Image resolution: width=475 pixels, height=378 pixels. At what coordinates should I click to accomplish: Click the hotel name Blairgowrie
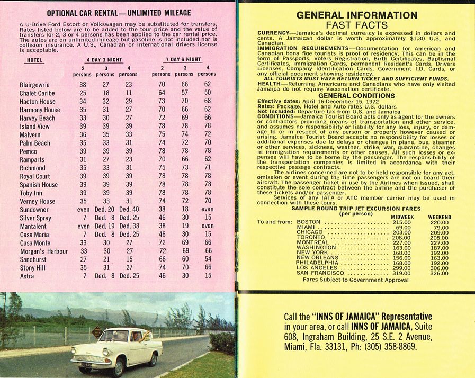click(x=34, y=85)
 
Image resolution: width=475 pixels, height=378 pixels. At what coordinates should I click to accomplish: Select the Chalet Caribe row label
click(x=38, y=93)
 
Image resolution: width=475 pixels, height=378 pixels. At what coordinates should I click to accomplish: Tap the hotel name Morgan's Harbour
click(x=44, y=251)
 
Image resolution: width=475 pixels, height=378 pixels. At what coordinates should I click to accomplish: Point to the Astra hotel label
click(x=27, y=276)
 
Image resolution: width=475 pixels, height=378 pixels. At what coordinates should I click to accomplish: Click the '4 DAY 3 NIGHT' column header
click(x=104, y=60)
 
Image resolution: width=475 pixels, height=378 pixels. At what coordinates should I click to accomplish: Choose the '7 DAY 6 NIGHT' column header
click(x=183, y=60)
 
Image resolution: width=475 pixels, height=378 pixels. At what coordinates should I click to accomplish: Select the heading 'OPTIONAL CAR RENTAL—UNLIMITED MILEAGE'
click(x=119, y=13)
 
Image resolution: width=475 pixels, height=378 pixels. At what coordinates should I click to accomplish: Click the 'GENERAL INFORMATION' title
click(x=356, y=15)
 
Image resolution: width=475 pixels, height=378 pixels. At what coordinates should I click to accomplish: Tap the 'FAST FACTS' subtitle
click(x=356, y=25)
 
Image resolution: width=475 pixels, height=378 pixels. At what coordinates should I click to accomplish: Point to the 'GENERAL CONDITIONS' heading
click(x=356, y=96)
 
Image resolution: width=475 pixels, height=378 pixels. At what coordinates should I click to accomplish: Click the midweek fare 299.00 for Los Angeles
click(x=401, y=268)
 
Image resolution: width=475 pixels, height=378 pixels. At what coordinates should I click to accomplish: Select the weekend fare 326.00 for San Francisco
click(x=438, y=274)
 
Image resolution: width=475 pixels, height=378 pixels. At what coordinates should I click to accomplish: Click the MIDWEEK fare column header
click(x=402, y=217)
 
